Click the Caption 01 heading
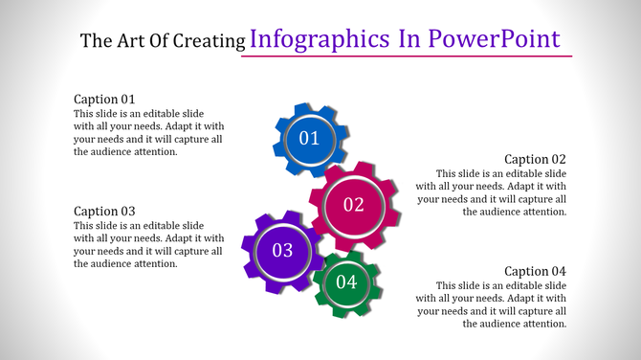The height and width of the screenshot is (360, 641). (x=105, y=99)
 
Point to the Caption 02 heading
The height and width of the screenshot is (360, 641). (x=535, y=159)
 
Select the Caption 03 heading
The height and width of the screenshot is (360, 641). (x=105, y=211)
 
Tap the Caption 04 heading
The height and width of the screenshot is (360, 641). (x=535, y=271)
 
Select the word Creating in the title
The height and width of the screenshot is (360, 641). (x=210, y=41)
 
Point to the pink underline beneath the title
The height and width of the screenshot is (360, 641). (x=406, y=56)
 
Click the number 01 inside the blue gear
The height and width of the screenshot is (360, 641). (x=309, y=139)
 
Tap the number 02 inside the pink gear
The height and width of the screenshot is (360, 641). (x=354, y=204)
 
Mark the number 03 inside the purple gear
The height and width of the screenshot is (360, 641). (x=282, y=251)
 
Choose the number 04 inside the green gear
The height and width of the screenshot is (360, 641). (x=346, y=282)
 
